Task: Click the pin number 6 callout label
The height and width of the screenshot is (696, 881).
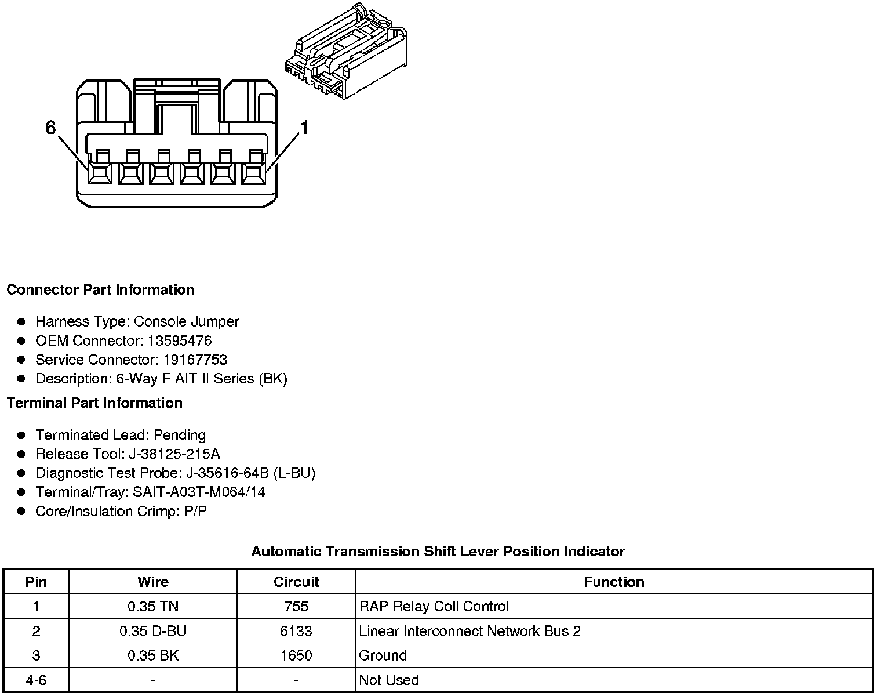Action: tap(50, 128)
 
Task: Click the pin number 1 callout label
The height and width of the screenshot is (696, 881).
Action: tap(303, 128)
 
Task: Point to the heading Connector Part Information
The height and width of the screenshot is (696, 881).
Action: tap(100, 289)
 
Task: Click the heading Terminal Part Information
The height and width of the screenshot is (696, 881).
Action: tap(94, 403)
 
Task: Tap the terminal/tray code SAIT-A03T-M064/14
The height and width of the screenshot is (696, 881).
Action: tap(199, 492)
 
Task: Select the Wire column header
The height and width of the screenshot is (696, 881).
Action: tap(153, 582)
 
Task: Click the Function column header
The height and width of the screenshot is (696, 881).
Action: tap(614, 582)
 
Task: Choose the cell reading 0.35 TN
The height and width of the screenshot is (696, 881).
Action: tap(153, 607)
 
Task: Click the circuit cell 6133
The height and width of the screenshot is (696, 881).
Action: tap(296, 631)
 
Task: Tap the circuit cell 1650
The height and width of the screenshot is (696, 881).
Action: tap(296, 655)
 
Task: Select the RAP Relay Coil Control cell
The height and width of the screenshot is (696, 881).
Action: tap(434, 607)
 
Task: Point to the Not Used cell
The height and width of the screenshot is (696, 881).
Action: tap(389, 680)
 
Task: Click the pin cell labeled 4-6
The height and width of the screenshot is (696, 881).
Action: tap(36, 680)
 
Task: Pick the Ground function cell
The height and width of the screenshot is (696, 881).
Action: tap(383, 655)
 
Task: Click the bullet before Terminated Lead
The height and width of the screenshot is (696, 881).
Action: tap(21, 435)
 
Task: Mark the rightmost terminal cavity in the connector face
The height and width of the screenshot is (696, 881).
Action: tap(253, 172)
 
